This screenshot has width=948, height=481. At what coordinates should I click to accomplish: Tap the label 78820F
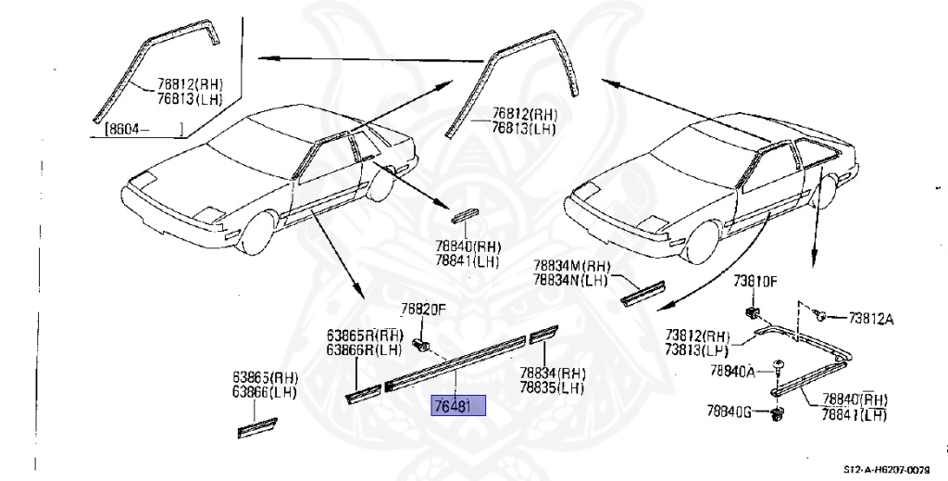click(423, 310)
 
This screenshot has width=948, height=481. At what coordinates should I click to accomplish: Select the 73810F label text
click(755, 281)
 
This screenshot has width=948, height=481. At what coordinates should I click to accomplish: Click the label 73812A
click(871, 319)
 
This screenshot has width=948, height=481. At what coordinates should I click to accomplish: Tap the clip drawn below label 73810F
click(753, 309)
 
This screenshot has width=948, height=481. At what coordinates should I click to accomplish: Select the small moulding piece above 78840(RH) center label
click(466, 216)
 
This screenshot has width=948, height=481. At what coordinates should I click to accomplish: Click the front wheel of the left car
click(257, 232)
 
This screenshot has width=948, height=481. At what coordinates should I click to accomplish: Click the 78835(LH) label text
click(552, 388)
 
